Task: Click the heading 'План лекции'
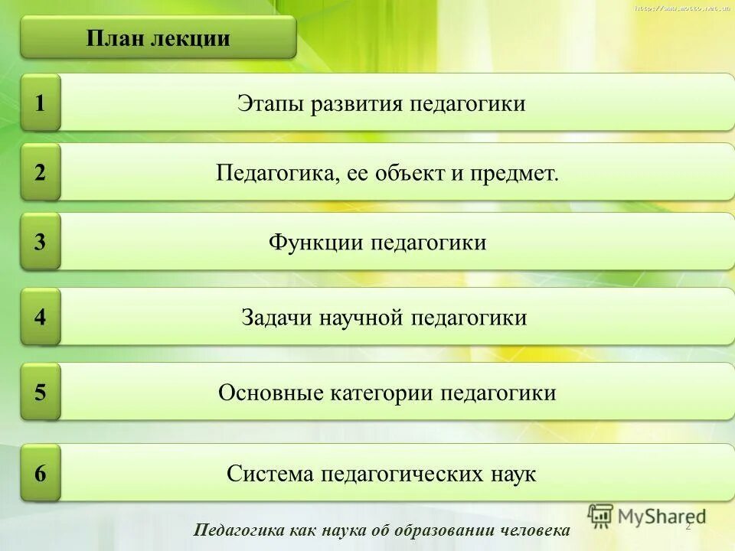(x=158, y=38)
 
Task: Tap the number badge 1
(x=41, y=103)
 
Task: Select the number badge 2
(x=41, y=172)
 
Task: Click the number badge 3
(x=41, y=243)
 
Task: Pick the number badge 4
(x=41, y=317)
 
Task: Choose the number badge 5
(x=41, y=393)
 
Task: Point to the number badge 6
(x=41, y=474)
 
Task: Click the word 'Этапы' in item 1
(x=271, y=103)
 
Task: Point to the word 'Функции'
(x=316, y=243)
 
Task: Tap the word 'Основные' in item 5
(x=271, y=393)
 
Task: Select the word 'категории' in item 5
(x=382, y=393)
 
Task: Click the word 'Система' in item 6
(x=269, y=474)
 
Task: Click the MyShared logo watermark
(x=647, y=516)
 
